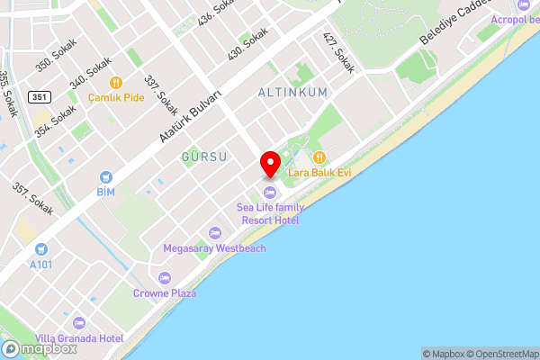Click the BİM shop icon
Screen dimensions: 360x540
point(106,177)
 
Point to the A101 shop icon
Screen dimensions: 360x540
point(40,249)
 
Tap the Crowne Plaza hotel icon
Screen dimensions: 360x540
point(164,277)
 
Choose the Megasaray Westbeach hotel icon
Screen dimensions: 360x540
point(214,232)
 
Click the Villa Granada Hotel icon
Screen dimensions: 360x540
point(78,322)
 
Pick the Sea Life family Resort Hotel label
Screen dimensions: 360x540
point(270,213)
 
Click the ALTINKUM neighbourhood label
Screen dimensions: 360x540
point(292,93)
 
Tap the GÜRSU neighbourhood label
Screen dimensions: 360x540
point(203,157)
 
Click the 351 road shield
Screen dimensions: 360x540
point(39,96)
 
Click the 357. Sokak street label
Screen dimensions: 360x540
point(31,199)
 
